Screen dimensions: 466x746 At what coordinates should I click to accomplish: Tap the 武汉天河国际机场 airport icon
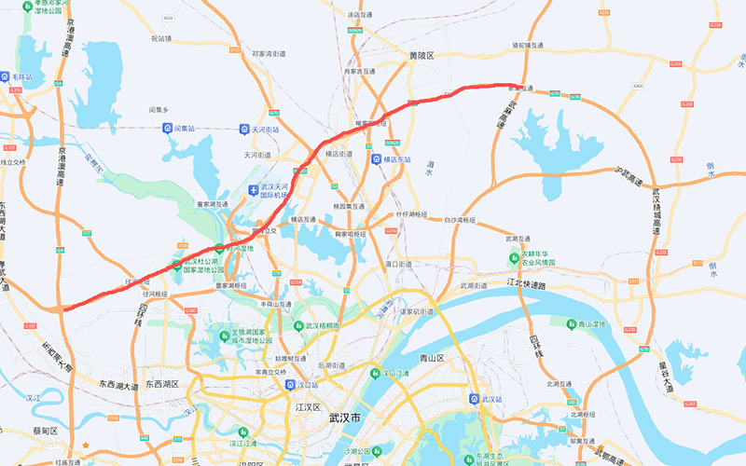pyautogui.click(x=252, y=191)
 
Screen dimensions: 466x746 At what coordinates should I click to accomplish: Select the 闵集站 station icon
pyautogui.click(x=167, y=128)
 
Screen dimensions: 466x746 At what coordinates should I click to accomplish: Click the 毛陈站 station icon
pyautogui.click(x=6, y=78)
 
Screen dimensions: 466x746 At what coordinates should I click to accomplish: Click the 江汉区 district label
pyautogui.click(x=308, y=407)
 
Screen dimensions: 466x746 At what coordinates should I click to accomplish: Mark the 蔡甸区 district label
pyautogui.click(x=45, y=431)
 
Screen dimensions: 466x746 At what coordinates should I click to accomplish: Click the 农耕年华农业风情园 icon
pyautogui.click(x=515, y=258)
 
